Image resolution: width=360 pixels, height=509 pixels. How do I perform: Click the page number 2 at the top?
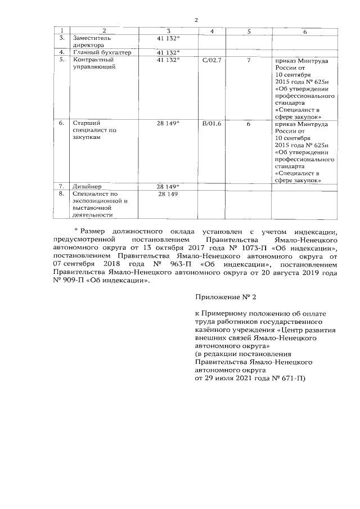[196, 20]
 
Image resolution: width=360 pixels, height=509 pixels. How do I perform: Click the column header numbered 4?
[211, 31]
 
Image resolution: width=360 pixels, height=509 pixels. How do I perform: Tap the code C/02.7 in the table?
[211, 60]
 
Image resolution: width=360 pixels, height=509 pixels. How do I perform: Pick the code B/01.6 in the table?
[211, 123]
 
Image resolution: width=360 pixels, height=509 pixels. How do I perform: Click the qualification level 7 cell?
[248, 60]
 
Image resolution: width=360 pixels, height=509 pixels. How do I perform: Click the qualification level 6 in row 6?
[248, 123]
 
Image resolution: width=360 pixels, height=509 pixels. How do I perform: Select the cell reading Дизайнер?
[87, 186]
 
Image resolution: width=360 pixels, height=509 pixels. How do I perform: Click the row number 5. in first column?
[62, 60]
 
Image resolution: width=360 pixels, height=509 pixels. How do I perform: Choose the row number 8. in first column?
[62, 194]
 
